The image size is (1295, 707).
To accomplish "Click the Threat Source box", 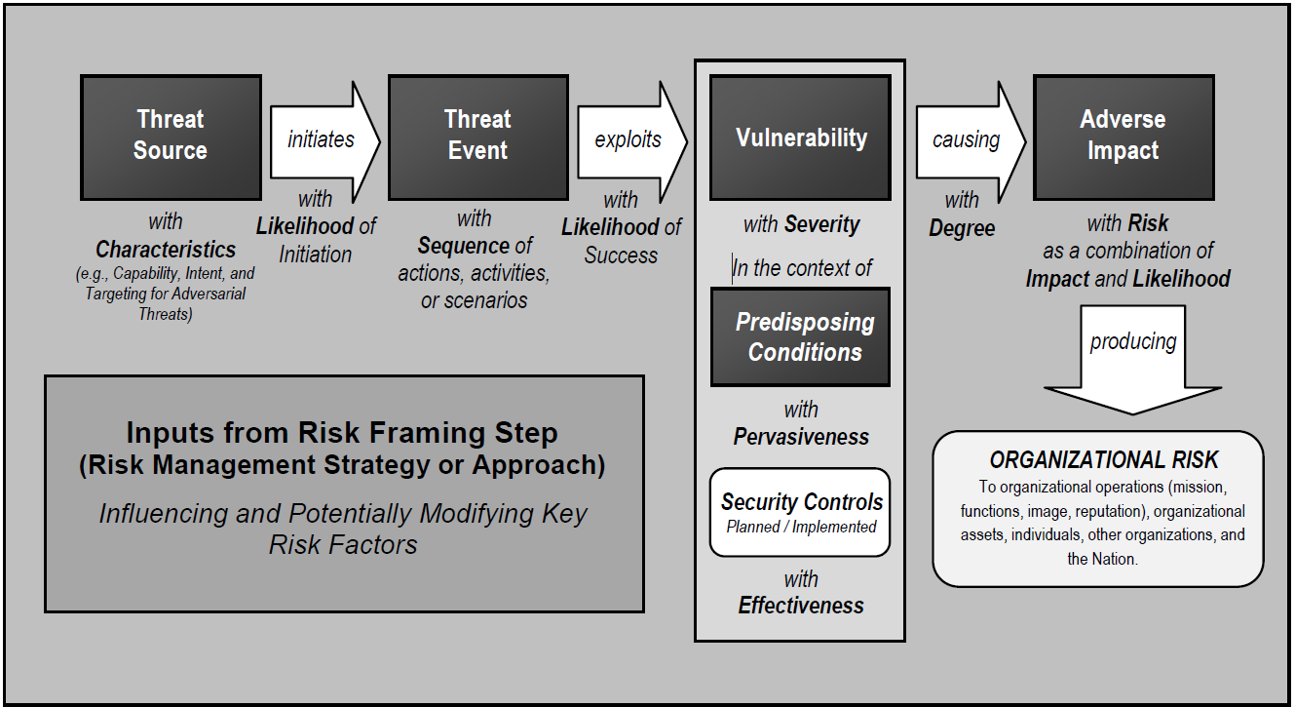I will (x=171, y=137).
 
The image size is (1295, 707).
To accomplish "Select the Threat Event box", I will (x=477, y=137).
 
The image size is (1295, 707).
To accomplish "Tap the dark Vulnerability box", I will (x=800, y=137).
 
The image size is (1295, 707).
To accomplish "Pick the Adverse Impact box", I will (x=1123, y=137).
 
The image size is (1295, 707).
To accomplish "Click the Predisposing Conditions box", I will (x=800, y=337).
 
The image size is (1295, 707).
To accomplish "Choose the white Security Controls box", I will (x=800, y=512).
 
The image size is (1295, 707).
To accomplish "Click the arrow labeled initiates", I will (x=322, y=139).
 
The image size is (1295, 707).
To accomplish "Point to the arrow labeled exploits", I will (x=629, y=139).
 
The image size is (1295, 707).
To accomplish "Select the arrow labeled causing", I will (x=968, y=139).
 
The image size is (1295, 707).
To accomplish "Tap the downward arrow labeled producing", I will (x=1132, y=351).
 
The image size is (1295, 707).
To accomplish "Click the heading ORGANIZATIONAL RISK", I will (x=1104, y=460).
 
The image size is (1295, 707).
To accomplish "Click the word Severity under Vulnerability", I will (x=823, y=225).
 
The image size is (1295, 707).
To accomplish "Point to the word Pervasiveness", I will (x=801, y=437).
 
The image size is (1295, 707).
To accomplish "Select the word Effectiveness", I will (x=801, y=606).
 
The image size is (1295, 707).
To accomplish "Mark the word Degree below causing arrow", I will (x=962, y=228).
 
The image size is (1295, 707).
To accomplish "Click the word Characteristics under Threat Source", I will (x=166, y=250).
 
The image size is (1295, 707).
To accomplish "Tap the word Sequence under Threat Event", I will (x=463, y=246).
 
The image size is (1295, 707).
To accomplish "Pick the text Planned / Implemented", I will (x=801, y=527).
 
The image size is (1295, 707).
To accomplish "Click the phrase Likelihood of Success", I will (x=622, y=241).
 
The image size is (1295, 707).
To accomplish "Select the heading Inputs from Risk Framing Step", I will (x=342, y=432).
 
